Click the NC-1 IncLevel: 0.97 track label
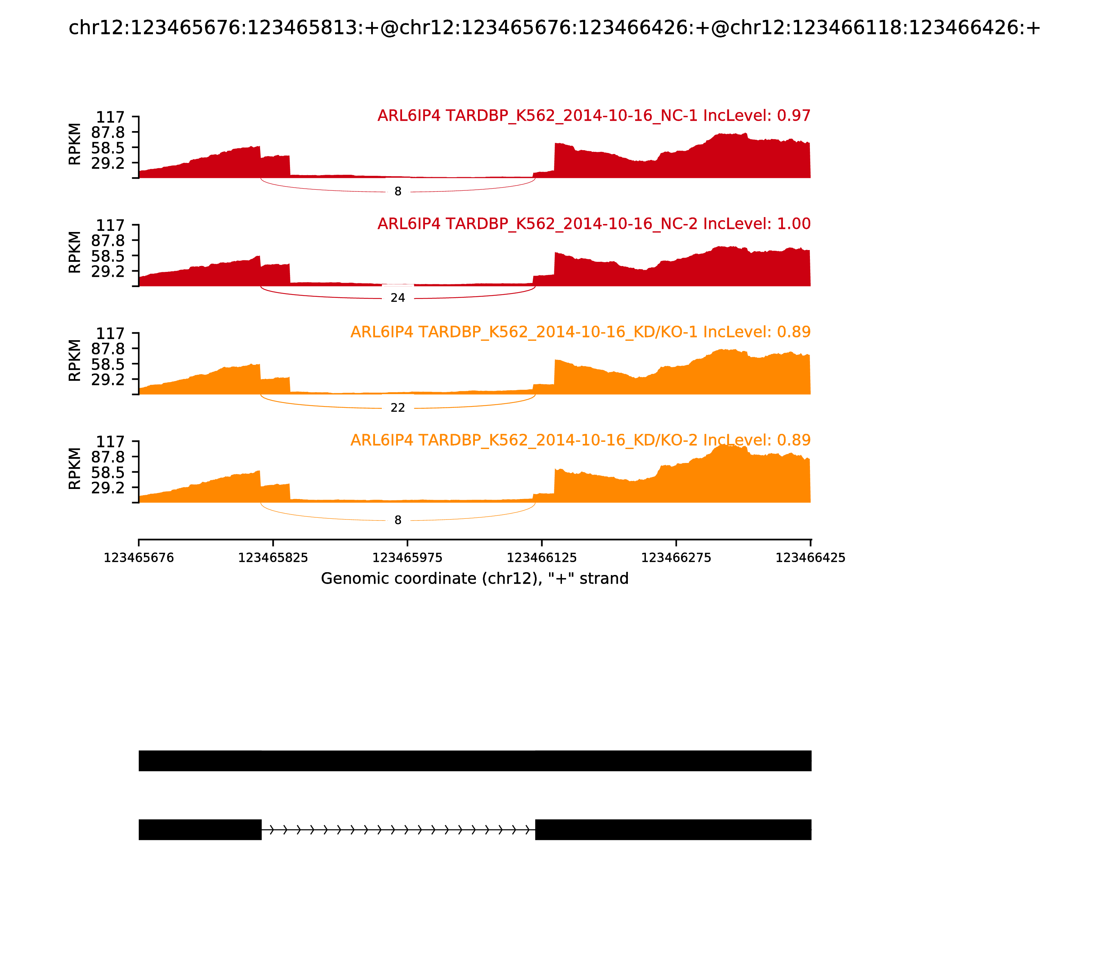(594, 115)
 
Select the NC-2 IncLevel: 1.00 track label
(594, 223)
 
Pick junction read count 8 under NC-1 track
(398, 192)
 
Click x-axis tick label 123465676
(139, 558)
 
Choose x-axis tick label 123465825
(273, 558)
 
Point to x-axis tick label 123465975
(408, 558)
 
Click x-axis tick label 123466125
(541, 558)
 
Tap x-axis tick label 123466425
(810, 558)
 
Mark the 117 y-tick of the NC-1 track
(111, 117)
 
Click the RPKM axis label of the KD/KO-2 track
(75, 469)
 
